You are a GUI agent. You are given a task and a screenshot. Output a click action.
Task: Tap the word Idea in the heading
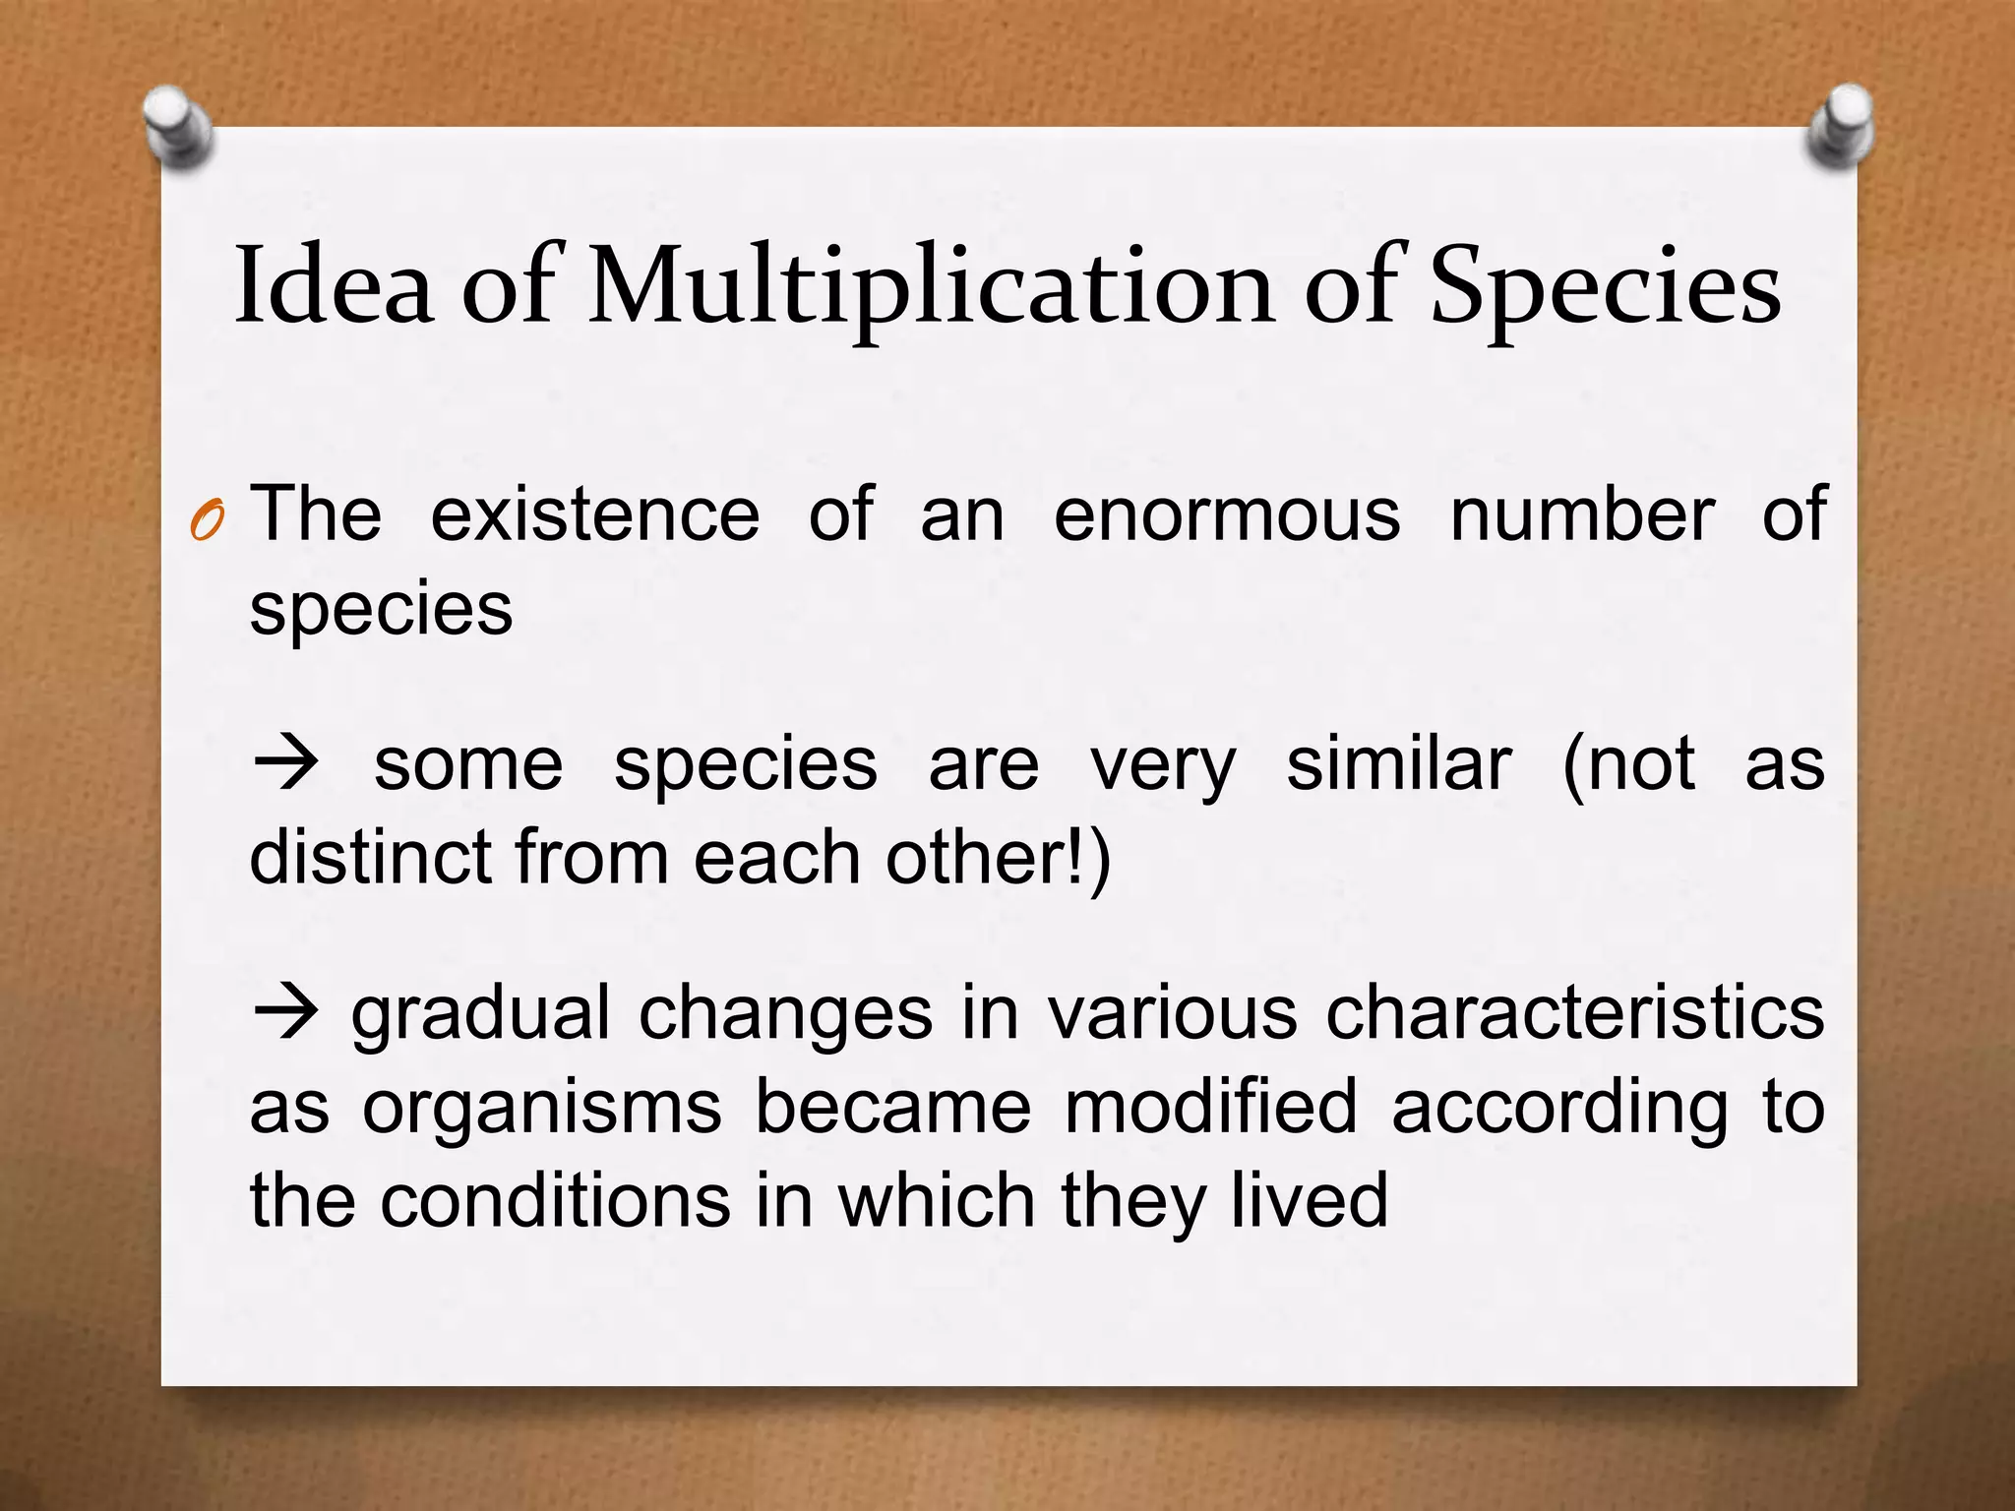coord(334,285)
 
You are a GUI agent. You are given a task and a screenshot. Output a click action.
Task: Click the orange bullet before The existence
coord(208,520)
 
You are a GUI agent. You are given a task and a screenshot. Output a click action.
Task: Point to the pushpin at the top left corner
coord(178,127)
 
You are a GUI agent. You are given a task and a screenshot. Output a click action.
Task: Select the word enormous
coord(1227,514)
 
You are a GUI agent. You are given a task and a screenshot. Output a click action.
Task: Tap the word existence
coord(595,514)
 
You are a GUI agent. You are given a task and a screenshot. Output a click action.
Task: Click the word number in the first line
coord(1582,514)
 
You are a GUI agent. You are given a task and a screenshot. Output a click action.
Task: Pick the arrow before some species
coord(286,763)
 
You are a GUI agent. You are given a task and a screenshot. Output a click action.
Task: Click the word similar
coord(1398,764)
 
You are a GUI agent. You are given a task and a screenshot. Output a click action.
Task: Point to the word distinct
coord(370,857)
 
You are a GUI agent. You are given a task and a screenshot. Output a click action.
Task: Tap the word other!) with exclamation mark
coord(998,857)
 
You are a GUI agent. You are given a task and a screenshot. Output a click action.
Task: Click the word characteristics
coord(1574,1013)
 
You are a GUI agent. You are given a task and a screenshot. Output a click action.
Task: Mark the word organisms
coord(542,1108)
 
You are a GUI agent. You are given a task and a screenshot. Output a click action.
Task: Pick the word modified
coord(1211,1107)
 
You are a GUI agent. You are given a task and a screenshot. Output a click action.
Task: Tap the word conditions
coord(556,1201)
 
